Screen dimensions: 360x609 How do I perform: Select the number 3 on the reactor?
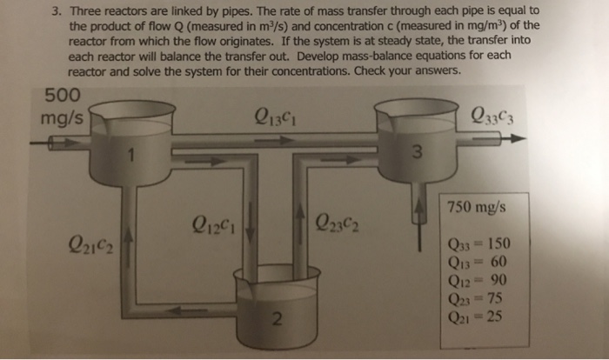(418, 155)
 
